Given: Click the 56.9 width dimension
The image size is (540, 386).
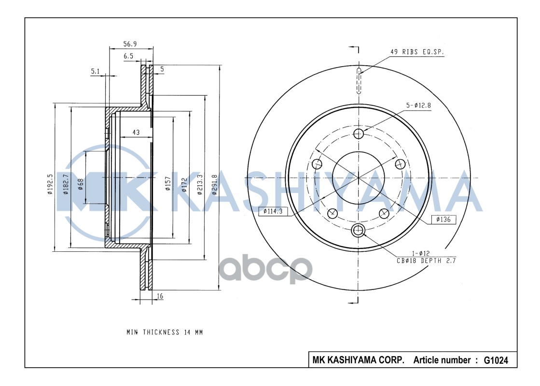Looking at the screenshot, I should (x=130, y=44).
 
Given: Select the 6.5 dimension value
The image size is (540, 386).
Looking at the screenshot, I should (x=128, y=56).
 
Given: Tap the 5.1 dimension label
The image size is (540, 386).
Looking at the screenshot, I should (x=95, y=72).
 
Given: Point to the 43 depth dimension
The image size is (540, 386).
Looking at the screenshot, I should (x=136, y=132).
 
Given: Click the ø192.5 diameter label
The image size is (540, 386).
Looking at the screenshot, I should (x=50, y=184).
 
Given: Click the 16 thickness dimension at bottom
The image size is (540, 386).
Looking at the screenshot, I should (x=160, y=297).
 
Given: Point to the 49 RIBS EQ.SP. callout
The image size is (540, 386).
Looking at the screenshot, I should (x=417, y=52).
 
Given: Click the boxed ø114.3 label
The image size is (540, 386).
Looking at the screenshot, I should (x=273, y=211).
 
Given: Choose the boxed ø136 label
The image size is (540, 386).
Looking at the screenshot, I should (x=443, y=220).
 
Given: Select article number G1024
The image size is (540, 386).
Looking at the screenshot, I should (x=496, y=360).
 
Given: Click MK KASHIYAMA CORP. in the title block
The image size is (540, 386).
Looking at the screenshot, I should (x=359, y=360).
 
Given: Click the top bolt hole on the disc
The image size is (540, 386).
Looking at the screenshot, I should (x=358, y=134).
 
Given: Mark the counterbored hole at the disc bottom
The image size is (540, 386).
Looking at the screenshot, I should (x=358, y=230).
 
